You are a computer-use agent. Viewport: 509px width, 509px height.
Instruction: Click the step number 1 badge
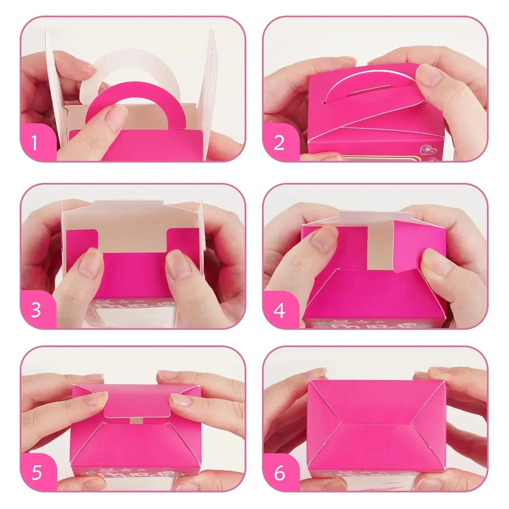click(35, 143)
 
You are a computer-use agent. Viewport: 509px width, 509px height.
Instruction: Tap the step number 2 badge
click(279, 143)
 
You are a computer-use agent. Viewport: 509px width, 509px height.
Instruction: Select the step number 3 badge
click(36, 311)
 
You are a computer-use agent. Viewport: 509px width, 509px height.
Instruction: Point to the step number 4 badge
click(279, 311)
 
